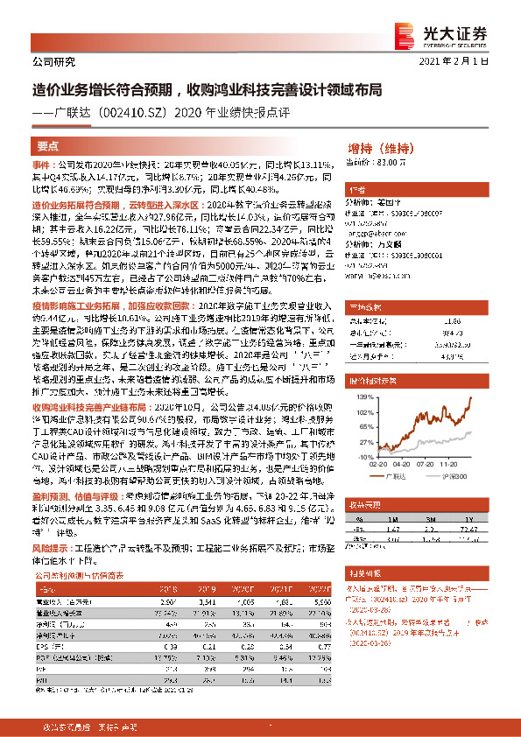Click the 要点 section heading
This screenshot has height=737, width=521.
48,147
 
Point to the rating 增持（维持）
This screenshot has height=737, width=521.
379,147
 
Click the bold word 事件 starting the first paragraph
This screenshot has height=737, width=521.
42,165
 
